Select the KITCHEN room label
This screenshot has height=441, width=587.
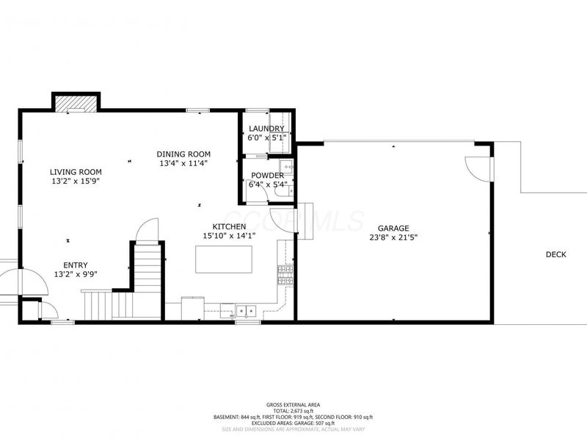tap(229, 226)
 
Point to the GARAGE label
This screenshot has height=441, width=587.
tap(393, 228)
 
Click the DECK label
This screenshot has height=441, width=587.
tap(555, 255)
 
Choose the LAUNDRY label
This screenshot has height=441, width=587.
tap(266, 129)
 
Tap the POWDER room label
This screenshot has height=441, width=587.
tap(267, 175)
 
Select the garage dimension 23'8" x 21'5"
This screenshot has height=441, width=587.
tap(393, 237)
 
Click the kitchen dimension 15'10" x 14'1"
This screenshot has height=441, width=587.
tap(229, 236)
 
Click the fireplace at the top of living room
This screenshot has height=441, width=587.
tap(76, 104)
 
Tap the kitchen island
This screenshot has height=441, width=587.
tap(223, 259)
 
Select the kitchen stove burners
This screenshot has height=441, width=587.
tap(284, 275)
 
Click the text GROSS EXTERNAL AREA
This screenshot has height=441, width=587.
tap(293, 404)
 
